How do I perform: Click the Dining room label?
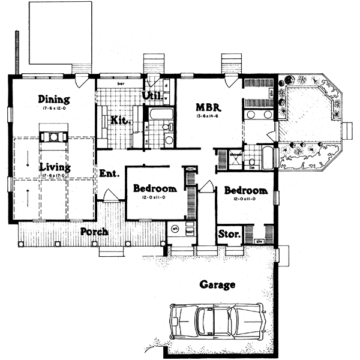(x=54, y=99)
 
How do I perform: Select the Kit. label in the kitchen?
(x=121, y=120)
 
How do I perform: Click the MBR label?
(x=209, y=107)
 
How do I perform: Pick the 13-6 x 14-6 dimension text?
(x=209, y=116)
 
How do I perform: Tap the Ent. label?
(x=109, y=174)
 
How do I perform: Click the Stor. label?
(x=229, y=233)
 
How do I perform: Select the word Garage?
(x=217, y=285)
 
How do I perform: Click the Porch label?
(x=94, y=232)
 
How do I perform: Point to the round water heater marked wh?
(x=175, y=229)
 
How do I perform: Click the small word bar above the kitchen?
(x=120, y=83)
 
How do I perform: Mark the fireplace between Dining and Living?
(x=54, y=135)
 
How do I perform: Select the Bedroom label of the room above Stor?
(x=245, y=190)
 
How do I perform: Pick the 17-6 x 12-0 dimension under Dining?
(x=54, y=108)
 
